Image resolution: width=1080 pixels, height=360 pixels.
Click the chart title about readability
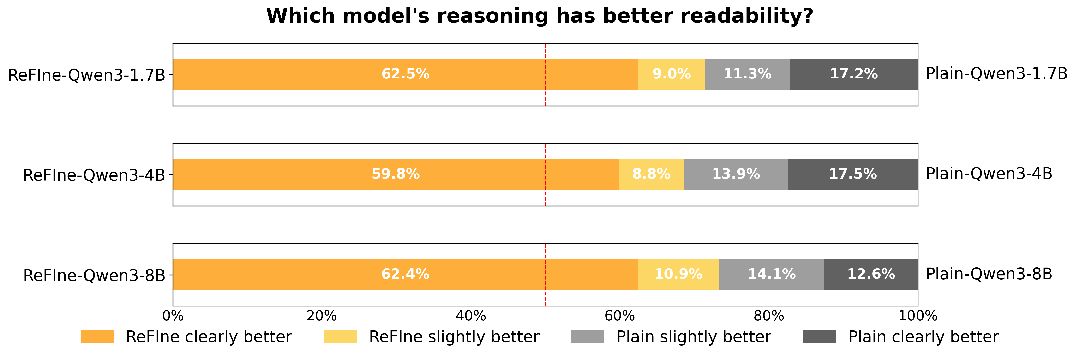[x=540, y=16]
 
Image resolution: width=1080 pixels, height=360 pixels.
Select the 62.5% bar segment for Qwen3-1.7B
[x=405, y=74]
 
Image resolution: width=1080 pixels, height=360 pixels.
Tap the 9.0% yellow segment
[x=671, y=74]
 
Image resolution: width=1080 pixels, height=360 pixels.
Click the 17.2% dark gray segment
[x=854, y=74]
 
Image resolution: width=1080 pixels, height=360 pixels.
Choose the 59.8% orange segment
[x=395, y=174]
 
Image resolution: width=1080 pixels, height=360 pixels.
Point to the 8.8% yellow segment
[x=651, y=174]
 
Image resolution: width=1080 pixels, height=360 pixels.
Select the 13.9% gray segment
[x=736, y=174]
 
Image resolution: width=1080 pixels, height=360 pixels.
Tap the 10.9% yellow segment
[x=678, y=275]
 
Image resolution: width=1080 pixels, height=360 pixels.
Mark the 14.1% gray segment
[x=771, y=275]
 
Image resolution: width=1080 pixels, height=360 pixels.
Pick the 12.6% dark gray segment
[x=871, y=275]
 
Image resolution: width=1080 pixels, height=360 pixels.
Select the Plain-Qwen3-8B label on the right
[x=989, y=274]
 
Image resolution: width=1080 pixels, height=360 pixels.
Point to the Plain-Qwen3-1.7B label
[x=996, y=74]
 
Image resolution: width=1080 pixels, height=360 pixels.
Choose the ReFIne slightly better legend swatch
[x=340, y=336]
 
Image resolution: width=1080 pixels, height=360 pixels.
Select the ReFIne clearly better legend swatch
[x=97, y=336]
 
